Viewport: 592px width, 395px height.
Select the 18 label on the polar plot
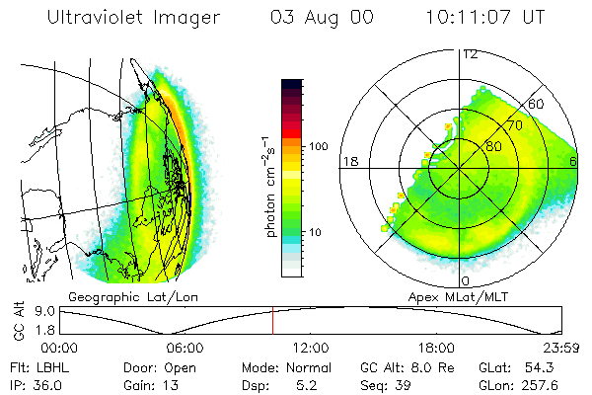[348, 160]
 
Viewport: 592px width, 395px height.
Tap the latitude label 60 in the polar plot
[538, 104]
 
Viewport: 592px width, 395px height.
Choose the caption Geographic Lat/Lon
[117, 295]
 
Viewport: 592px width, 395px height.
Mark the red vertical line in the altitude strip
[272, 321]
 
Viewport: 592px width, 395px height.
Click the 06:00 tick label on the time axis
[185, 348]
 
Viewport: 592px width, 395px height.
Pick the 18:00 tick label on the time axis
[436, 348]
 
